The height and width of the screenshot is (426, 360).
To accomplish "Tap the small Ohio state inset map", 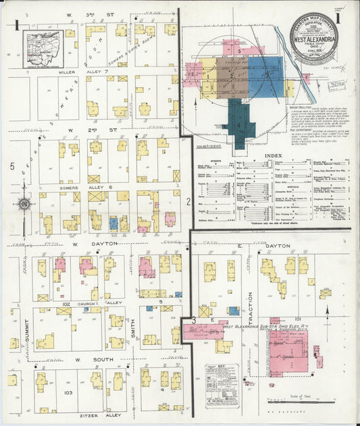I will point(43,49).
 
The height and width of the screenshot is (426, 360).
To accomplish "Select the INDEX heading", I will point(274,155).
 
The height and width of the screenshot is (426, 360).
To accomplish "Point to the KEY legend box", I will point(222,384).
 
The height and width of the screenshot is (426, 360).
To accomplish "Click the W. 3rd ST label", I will point(101,13).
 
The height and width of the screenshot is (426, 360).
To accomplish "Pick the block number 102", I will point(66,304).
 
